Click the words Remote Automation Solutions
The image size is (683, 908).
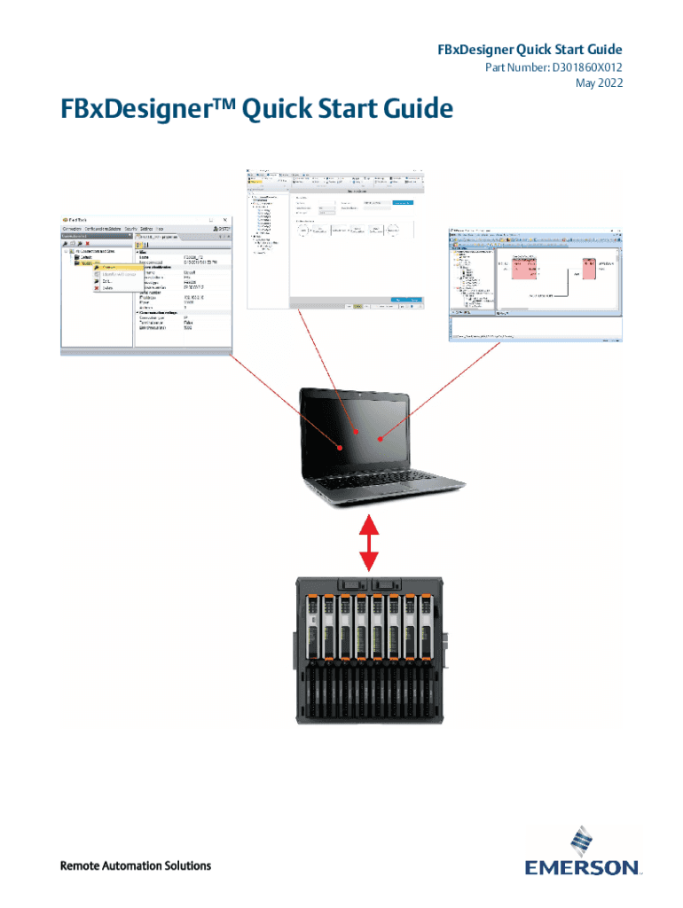(135, 865)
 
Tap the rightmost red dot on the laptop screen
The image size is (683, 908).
(381, 438)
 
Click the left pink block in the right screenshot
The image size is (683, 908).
(523, 270)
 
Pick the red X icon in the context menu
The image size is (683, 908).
(98, 288)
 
